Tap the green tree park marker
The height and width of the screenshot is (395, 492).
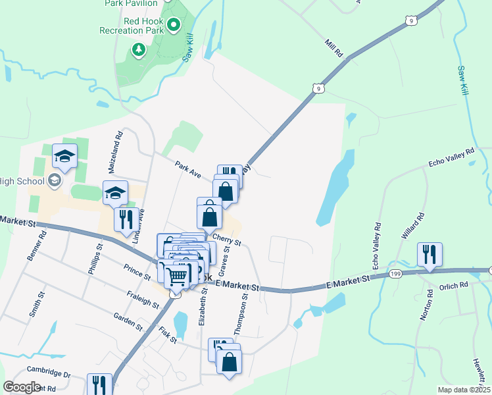point(138,49)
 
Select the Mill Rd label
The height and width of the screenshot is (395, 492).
point(334,47)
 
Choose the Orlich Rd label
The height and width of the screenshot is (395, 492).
point(454,286)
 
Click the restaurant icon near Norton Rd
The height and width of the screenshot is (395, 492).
point(430,254)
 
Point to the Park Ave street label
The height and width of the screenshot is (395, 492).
point(187,169)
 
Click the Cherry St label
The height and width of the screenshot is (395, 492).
point(226,240)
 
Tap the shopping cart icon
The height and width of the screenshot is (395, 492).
point(177,276)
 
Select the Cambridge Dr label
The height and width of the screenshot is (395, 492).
point(49,373)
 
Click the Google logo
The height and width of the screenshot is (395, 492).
point(22,387)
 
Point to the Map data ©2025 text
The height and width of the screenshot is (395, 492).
point(464,390)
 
